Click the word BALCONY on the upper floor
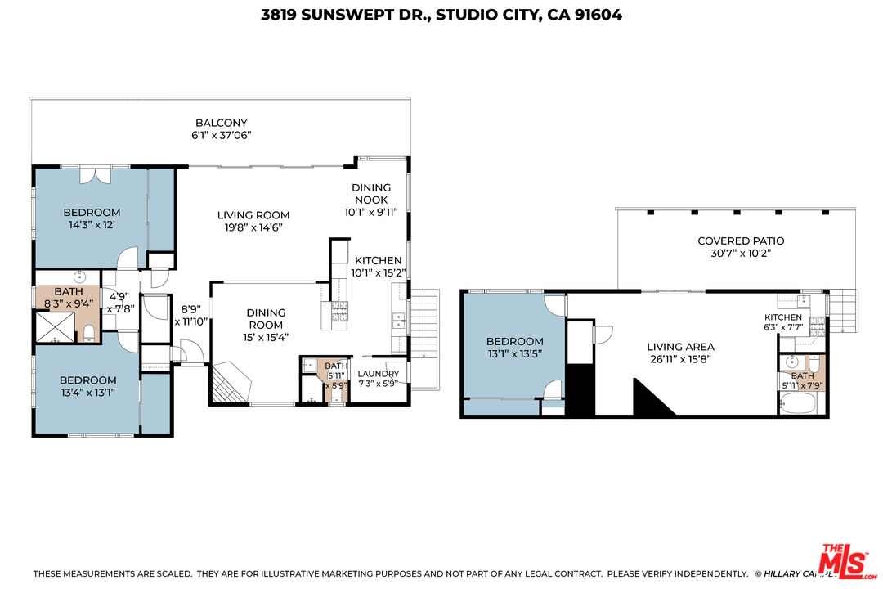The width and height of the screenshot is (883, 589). click(221, 123)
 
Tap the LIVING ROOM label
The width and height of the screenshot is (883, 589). click(253, 215)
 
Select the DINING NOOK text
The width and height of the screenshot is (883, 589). click(370, 193)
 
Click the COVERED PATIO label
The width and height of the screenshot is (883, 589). click(740, 241)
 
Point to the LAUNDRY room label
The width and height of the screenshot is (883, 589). click(379, 374)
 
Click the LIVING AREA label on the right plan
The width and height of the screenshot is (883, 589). click(680, 347)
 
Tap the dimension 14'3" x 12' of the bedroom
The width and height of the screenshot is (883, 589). click(92, 226)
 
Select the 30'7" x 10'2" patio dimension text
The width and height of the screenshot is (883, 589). click(740, 254)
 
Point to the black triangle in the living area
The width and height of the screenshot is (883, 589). click(650, 399)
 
